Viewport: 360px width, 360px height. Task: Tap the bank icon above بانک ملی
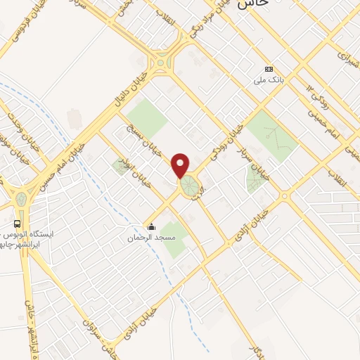(268, 69)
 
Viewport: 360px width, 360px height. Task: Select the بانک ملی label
(268, 80)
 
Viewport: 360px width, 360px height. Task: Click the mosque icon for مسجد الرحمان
(151, 226)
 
